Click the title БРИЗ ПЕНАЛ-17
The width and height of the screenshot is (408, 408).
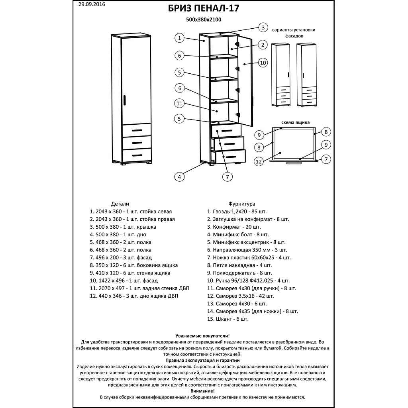204,8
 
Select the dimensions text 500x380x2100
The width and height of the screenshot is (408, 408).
204,19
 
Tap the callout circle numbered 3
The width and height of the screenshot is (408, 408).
263,27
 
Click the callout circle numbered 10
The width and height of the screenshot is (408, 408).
263,63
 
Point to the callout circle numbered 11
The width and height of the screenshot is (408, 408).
180,103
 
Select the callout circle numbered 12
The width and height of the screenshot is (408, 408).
259,161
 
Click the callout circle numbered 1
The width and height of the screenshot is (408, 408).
180,38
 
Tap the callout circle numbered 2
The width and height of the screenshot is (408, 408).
263,45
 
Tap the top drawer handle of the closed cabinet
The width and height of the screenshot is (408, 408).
137,130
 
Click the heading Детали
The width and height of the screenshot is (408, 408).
120,204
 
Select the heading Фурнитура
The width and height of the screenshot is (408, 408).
242,204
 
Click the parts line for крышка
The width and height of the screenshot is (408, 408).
123,227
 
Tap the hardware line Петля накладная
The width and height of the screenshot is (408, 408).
239,265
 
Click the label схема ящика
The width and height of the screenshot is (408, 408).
296,122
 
